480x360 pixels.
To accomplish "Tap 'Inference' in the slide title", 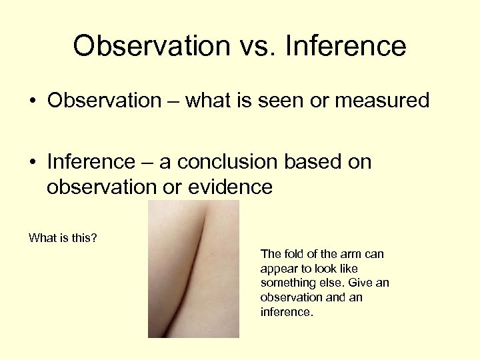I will pyautogui.click(x=345, y=47).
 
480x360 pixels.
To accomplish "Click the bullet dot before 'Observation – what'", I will pyautogui.click(x=32, y=101).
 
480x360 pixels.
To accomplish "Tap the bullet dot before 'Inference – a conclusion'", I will pyautogui.click(x=32, y=163).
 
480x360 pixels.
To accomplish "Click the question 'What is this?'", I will pyautogui.click(x=63, y=237).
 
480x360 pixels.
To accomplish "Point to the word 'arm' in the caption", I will pyautogui.click(x=351, y=254).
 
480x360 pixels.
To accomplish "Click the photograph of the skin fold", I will pyautogui.click(x=193, y=269).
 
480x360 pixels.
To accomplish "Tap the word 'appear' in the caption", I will pyautogui.click(x=277, y=269).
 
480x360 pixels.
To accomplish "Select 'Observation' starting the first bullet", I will pyautogui.click(x=104, y=101).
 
